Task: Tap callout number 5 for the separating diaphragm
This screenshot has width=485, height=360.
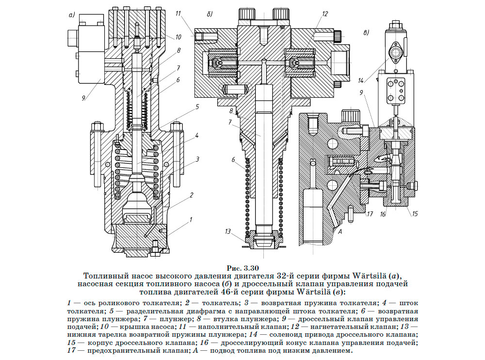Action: point(197,106)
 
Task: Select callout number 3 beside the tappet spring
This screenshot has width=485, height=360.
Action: point(198,159)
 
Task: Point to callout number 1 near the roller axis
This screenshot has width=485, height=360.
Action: point(191,219)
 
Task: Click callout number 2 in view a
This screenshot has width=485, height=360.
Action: point(192,195)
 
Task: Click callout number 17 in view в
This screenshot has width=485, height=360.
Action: point(370,213)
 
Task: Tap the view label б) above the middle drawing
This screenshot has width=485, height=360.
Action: point(210,15)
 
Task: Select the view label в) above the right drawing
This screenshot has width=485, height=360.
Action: point(367,33)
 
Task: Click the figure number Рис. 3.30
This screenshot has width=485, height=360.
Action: point(243,268)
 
